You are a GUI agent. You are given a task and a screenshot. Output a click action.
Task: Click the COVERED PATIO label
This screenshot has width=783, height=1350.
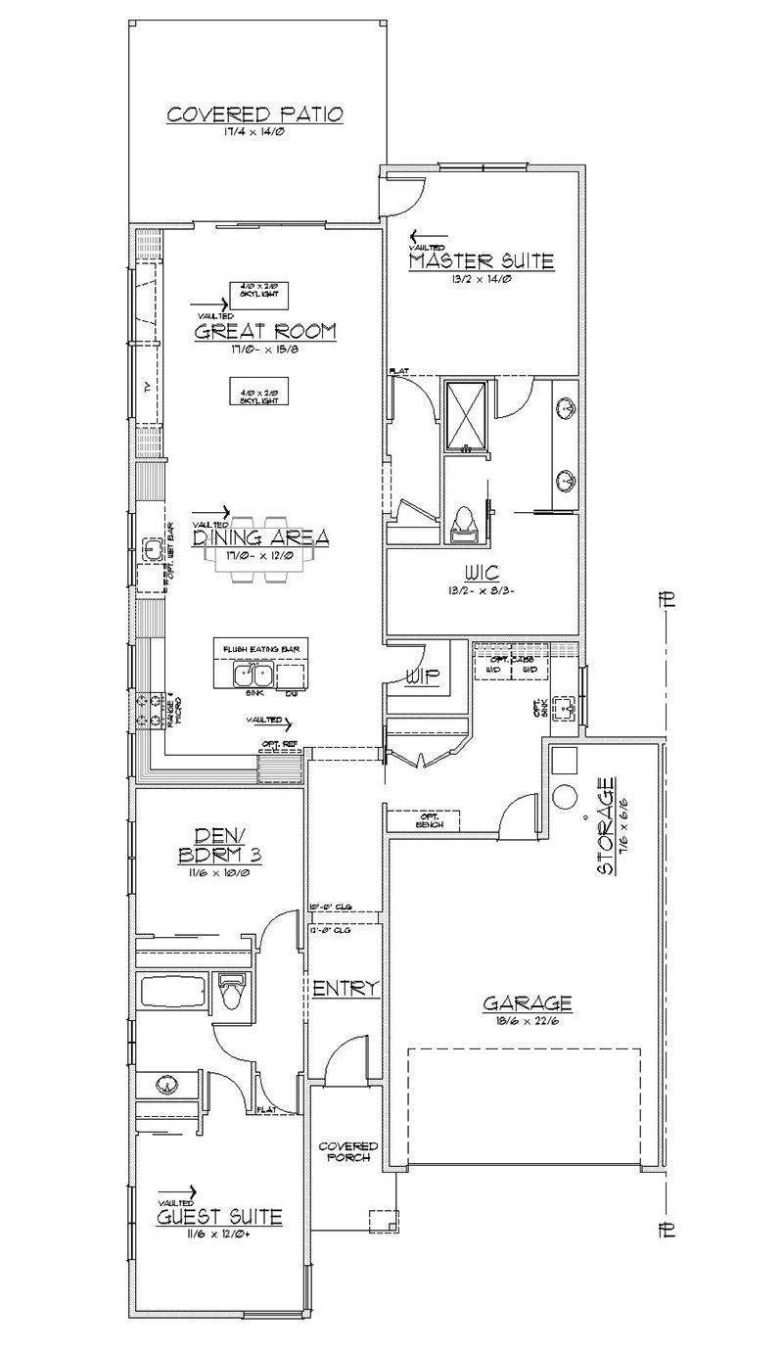coord(254,115)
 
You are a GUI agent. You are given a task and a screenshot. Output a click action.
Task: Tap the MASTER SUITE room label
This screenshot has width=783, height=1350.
coord(481,261)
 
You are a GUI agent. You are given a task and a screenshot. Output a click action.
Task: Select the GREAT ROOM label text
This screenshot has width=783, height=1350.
coord(264,331)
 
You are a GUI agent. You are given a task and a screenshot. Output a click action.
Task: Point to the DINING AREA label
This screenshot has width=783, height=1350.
coord(259,537)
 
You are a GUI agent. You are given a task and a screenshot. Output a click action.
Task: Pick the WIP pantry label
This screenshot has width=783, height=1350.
coord(423,675)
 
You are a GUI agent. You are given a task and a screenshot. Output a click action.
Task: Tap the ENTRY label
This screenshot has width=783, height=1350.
coord(345,989)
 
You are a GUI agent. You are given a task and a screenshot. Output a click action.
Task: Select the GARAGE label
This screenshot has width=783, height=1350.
coord(527,1003)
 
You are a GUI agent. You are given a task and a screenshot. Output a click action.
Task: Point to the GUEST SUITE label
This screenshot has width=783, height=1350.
coord(219,1217)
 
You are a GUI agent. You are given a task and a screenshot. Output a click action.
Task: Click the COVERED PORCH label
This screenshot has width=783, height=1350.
coord(347,1152)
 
